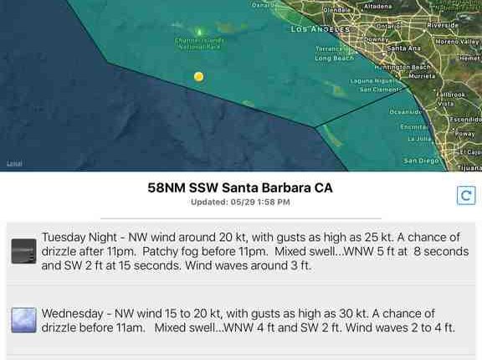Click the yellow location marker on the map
(x=198, y=76)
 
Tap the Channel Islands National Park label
(x=198, y=44)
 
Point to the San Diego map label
(x=421, y=160)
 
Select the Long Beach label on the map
(x=334, y=59)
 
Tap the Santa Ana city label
(x=403, y=49)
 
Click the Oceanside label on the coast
(x=406, y=111)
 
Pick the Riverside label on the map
(x=442, y=25)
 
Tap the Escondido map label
(x=465, y=120)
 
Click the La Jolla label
(x=418, y=139)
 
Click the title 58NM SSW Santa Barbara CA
(x=240, y=188)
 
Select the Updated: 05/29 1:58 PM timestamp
(x=240, y=202)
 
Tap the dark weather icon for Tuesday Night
(x=23, y=251)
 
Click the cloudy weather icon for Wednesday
(x=23, y=320)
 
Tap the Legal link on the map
(x=14, y=163)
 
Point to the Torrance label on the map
(x=329, y=49)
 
